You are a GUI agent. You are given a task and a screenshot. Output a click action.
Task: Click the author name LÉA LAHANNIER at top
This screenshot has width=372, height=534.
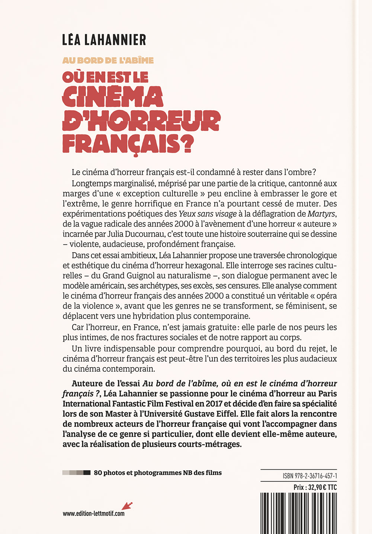[104, 40]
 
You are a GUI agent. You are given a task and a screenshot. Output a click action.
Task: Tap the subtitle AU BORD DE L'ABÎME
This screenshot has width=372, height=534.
[108, 60]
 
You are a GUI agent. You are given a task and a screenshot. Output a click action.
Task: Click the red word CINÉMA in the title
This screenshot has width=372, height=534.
[112, 97]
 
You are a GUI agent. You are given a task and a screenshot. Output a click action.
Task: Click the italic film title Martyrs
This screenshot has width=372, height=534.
[322, 214]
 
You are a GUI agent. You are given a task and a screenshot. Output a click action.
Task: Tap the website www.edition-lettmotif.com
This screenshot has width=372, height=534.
[94, 514]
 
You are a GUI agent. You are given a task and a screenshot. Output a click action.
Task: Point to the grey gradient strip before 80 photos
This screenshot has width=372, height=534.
[77, 473]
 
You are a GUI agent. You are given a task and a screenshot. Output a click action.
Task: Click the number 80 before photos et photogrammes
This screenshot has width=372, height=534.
[98, 473]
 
